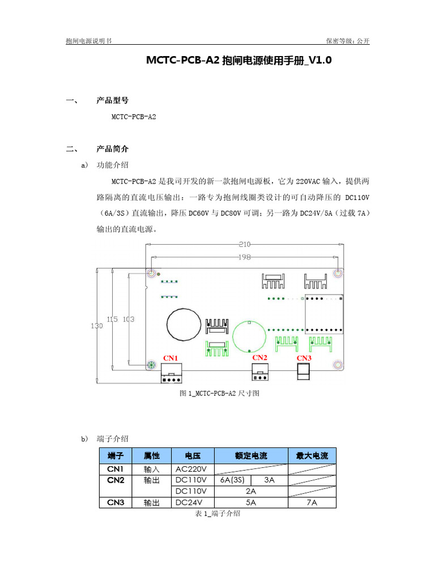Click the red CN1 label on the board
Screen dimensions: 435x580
pyautogui.click(x=170, y=358)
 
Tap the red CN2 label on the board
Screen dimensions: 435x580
pyautogui.click(x=259, y=357)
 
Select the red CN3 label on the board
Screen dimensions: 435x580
pyautogui.click(x=304, y=358)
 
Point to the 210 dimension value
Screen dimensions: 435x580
pyautogui.click(x=244, y=245)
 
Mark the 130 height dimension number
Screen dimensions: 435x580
pyautogui.click(x=97, y=326)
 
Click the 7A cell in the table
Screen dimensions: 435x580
pyautogui.click(x=312, y=502)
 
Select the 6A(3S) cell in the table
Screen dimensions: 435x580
pyautogui.click(x=232, y=480)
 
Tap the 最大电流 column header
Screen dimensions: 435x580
pyautogui.click(x=312, y=455)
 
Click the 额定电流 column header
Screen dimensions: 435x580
pyautogui.click(x=251, y=455)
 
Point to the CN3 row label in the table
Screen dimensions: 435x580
pyautogui.click(x=116, y=502)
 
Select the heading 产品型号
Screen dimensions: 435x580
pyautogui.click(x=113, y=100)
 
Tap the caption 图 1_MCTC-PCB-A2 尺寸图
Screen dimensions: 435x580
pyautogui.click(x=219, y=393)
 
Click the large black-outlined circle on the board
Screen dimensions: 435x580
pyautogui.click(x=184, y=326)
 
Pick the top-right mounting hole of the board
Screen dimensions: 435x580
pyautogui.click(x=338, y=274)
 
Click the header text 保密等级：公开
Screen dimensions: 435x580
pyautogui.click(x=347, y=41)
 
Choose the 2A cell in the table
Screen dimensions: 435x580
pyautogui.click(x=251, y=491)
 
